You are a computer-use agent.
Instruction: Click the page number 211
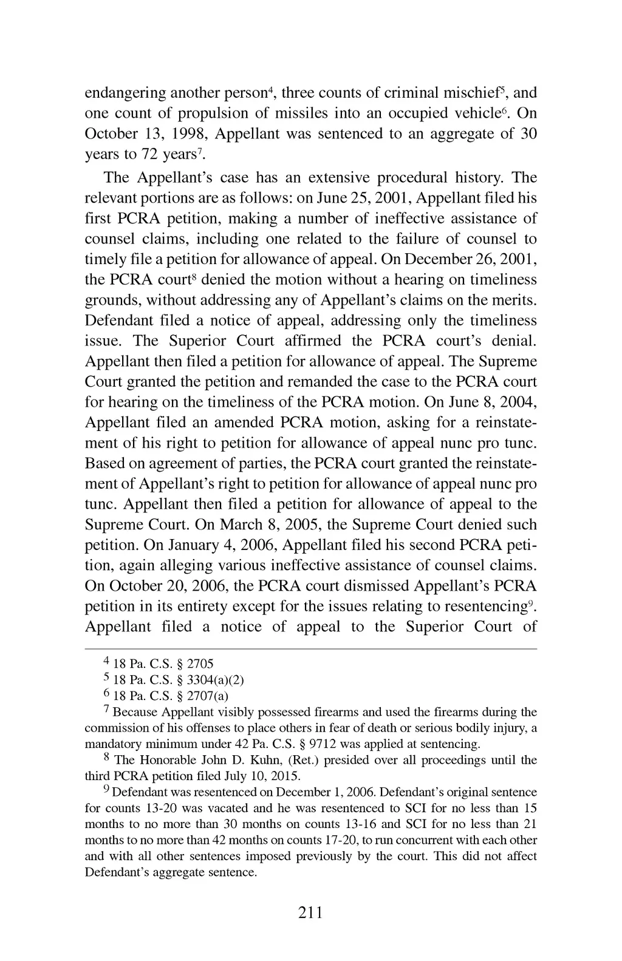click(x=310, y=912)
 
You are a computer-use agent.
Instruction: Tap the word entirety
click(x=205, y=606)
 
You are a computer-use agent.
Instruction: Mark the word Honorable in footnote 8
click(x=168, y=760)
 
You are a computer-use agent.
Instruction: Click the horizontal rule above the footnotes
click(x=310, y=648)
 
